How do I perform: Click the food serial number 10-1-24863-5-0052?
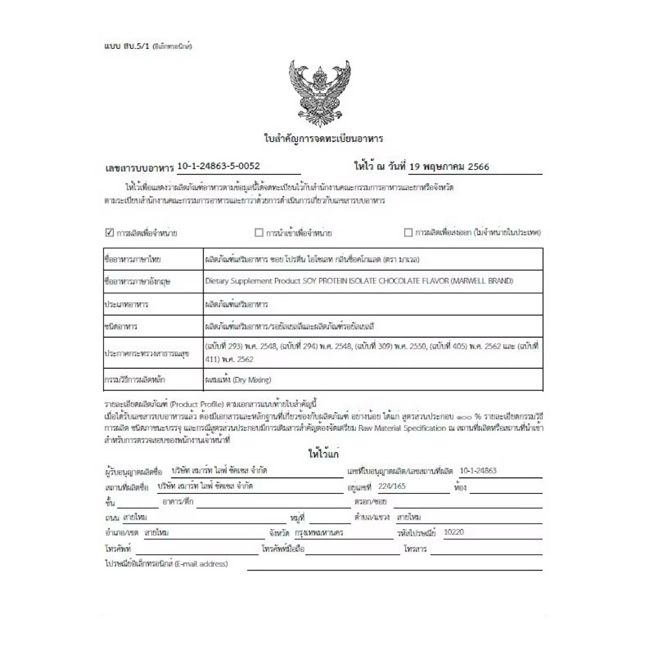[219, 167]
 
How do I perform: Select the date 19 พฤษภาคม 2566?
[449, 167]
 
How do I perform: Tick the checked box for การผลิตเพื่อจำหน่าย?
[109, 233]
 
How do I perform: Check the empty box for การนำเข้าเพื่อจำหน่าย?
[259, 233]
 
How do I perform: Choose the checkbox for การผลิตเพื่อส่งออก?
[408, 233]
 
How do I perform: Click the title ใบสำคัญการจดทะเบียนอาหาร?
[323, 138]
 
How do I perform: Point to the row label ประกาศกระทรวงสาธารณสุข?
[138, 353]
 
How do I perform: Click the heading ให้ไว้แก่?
[325, 455]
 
